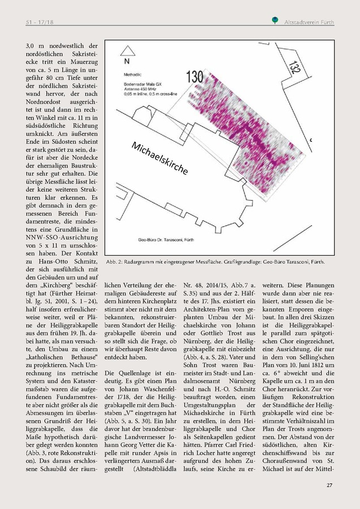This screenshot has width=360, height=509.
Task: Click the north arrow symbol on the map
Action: pyautogui.click(x=125, y=49)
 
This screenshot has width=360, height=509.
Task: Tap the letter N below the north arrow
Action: pyautogui.click(x=126, y=62)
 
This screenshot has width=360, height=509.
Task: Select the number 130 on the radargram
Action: pyautogui.click(x=194, y=75)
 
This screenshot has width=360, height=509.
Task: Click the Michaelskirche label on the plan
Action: pyautogui.click(x=160, y=158)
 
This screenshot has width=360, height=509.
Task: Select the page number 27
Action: pyautogui.click(x=329, y=485)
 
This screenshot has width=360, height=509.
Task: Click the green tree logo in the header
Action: pyautogui.click(x=274, y=21)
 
